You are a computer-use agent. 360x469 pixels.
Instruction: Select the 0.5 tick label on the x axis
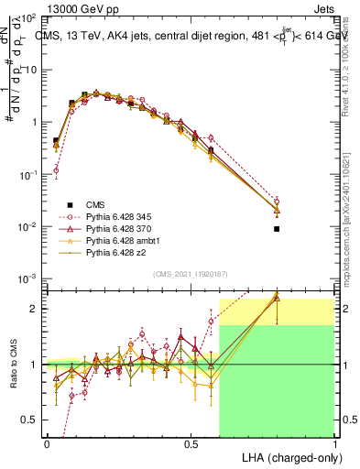191,442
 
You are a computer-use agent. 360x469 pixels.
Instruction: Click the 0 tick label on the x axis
47,442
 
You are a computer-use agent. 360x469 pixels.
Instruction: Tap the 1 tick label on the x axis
334,442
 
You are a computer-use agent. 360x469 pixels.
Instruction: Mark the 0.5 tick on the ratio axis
30,420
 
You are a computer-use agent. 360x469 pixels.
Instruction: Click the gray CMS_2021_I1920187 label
191,272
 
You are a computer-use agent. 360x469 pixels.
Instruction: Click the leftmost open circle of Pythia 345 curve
56,169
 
